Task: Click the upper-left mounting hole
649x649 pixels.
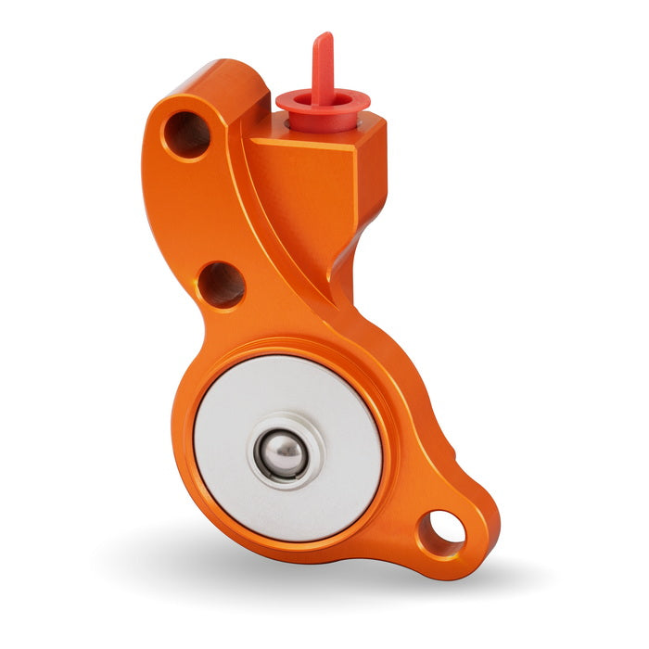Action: [x=186, y=134]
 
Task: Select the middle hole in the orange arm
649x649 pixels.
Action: [x=223, y=284]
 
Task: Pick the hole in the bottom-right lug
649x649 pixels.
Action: [x=441, y=531]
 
